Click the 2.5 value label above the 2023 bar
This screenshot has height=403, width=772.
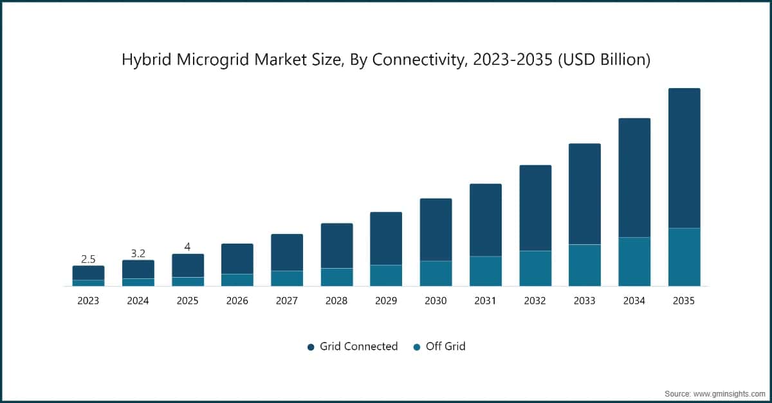(x=88, y=259)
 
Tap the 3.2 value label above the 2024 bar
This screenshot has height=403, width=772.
(x=138, y=253)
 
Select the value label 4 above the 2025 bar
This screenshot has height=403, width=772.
(x=187, y=247)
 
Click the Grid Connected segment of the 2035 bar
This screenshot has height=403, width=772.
(x=684, y=158)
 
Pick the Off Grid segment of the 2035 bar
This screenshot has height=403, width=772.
(x=684, y=257)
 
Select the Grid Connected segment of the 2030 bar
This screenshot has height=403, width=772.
(x=436, y=229)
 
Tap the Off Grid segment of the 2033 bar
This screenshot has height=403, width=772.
(x=584, y=265)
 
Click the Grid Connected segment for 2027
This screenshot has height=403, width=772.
(x=287, y=252)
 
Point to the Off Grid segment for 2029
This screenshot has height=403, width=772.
(x=386, y=275)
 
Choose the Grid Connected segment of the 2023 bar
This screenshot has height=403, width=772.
(x=88, y=273)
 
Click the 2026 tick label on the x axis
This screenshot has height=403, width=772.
(x=237, y=301)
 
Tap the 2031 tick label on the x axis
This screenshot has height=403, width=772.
(x=485, y=301)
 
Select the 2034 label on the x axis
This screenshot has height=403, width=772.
(x=634, y=301)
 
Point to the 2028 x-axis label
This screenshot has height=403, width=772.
(x=336, y=301)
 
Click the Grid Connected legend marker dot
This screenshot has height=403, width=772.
(x=310, y=346)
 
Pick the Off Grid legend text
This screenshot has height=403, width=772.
(x=445, y=346)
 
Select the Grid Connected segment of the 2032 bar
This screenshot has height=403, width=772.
(x=535, y=208)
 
